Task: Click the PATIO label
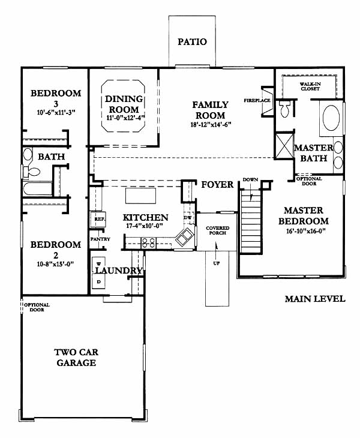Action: point(192,42)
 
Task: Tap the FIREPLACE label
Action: point(257,100)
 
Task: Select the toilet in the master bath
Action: point(284,109)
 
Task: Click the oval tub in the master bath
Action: point(331,118)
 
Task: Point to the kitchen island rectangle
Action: point(140,196)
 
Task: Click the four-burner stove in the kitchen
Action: point(148,242)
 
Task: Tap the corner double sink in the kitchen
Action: point(184,237)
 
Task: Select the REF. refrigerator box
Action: point(97,219)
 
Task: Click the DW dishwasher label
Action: point(187,218)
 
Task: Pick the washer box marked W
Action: point(98,264)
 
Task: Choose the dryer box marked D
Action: point(98,281)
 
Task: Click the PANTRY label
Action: point(100,239)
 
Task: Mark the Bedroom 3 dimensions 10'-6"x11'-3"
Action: point(56,113)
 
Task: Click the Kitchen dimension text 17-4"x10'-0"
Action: point(145,226)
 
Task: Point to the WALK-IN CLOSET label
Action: point(310,86)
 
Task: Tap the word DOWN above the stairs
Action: point(250,179)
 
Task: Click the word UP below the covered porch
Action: point(217,263)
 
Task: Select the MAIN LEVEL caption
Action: point(315,299)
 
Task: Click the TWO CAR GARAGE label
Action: point(76,358)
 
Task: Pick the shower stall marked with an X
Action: point(284,146)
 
